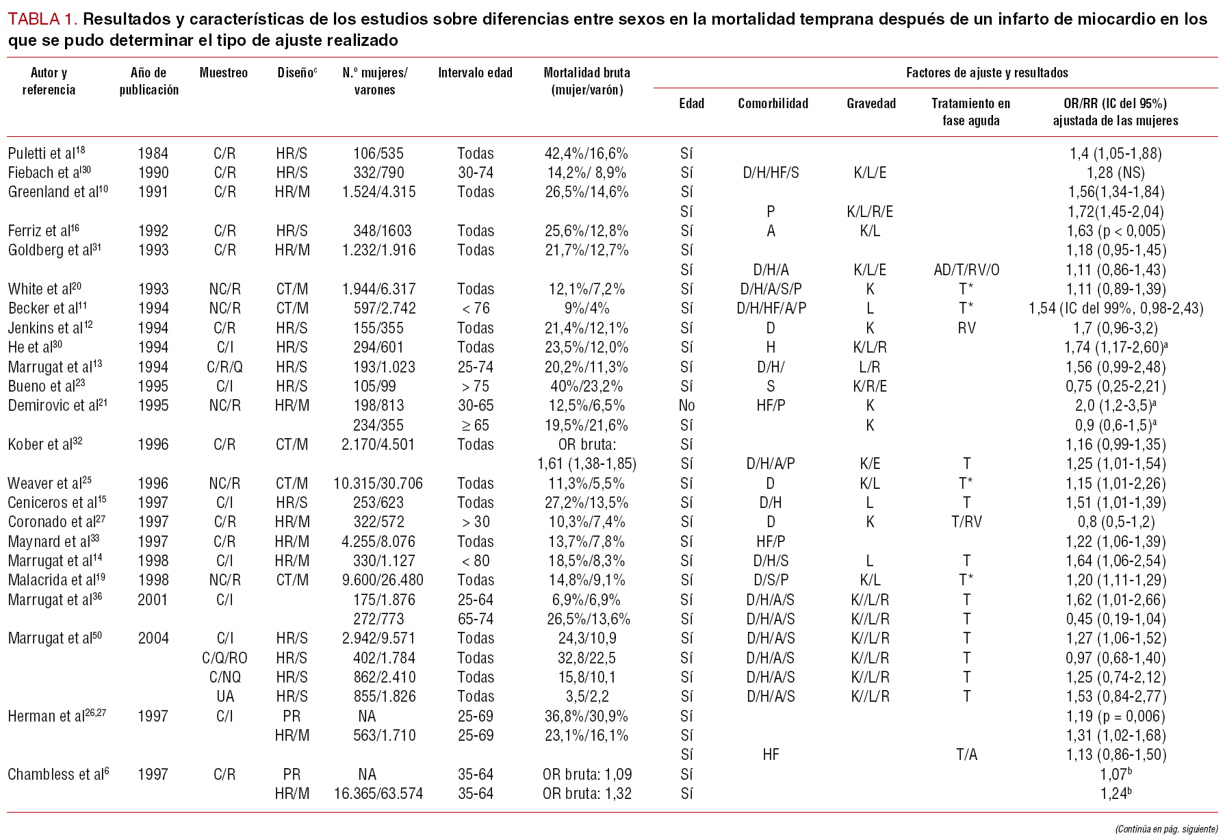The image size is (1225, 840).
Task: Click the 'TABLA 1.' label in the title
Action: click(x=42, y=19)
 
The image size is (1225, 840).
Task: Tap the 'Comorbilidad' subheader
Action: click(x=773, y=103)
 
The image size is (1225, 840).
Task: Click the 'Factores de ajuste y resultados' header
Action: click(x=987, y=73)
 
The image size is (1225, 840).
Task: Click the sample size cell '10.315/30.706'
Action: click(x=378, y=483)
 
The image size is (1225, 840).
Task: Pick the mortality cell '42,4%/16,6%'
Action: click(x=586, y=153)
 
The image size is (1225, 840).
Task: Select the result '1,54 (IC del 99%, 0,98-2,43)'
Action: click(x=1115, y=308)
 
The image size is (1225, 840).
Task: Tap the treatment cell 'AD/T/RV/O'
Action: click(x=966, y=270)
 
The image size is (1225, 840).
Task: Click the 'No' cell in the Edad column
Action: click(x=686, y=405)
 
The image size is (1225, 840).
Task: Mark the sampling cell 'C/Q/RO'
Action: click(x=224, y=658)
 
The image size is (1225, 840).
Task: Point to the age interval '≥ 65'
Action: click(x=476, y=425)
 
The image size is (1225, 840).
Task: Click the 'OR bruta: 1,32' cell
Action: click(x=586, y=793)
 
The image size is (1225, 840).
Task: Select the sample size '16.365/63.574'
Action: click(x=378, y=793)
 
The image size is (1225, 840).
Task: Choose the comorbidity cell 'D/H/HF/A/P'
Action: click(x=771, y=308)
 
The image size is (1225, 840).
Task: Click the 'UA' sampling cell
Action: click(x=224, y=696)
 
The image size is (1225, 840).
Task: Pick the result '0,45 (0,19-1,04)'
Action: click(x=1115, y=619)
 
